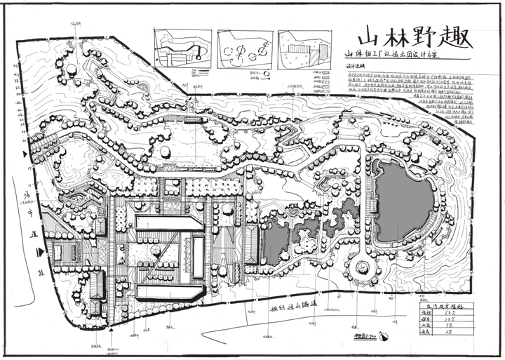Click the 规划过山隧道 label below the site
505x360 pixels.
(294, 306)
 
